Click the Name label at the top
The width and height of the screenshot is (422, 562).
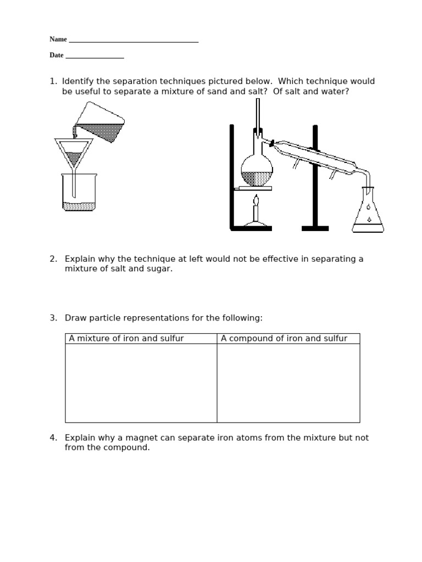click(x=58, y=40)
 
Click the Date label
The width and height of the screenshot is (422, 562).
click(x=56, y=55)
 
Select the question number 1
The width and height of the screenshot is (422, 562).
click(x=53, y=81)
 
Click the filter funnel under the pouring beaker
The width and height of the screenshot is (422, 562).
click(x=74, y=153)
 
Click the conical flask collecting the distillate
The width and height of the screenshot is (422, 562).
click(x=368, y=211)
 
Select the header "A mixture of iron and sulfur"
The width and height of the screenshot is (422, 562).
click(x=126, y=339)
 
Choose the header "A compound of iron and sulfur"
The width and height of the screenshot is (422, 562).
click(x=284, y=339)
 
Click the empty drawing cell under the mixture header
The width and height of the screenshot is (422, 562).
click(x=141, y=383)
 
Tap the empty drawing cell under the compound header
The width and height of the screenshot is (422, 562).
click(x=288, y=383)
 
